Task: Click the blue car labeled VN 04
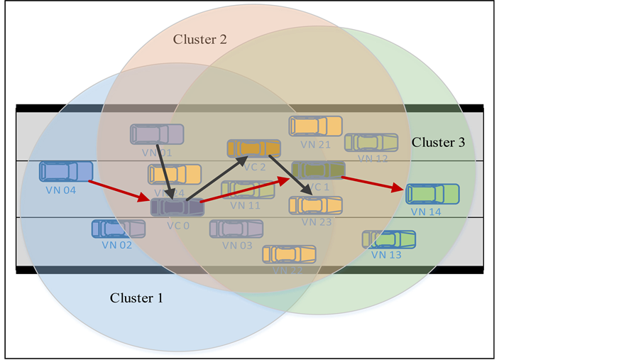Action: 66,171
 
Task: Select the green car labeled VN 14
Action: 432,193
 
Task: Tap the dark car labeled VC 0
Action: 177,207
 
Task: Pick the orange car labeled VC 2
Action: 253,148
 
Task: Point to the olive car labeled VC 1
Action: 318,170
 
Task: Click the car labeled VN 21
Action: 315,126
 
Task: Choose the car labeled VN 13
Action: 389,239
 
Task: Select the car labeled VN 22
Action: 289,253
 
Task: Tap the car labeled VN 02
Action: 118,229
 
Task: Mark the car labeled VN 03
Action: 236,229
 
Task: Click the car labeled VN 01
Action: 157,133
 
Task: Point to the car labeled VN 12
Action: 371,142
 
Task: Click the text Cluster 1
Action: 136,298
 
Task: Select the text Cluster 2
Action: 200,39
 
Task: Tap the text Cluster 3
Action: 438,143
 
